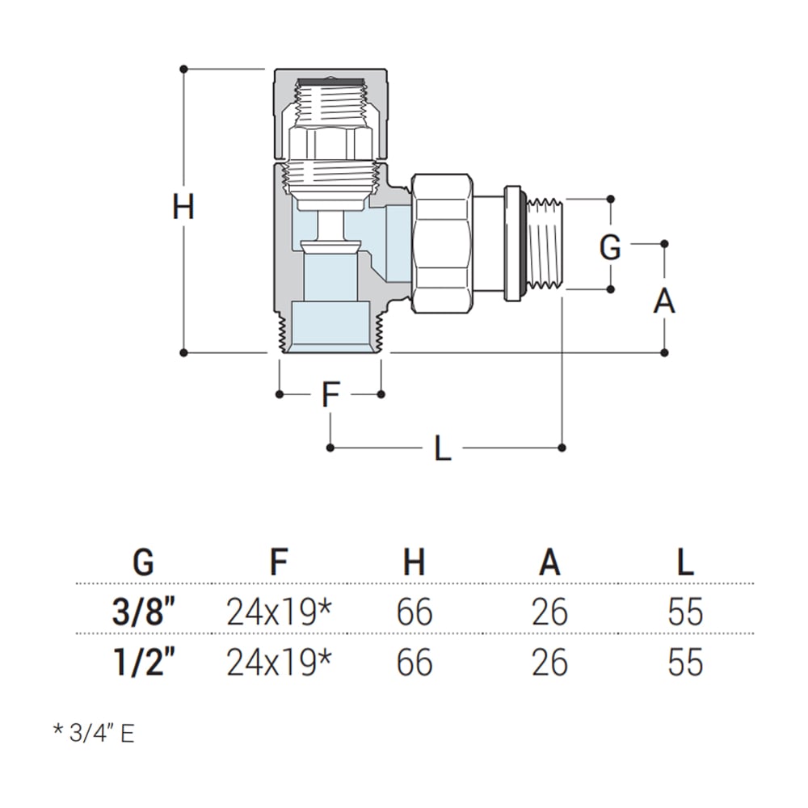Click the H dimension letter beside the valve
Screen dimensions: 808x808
[x=183, y=208]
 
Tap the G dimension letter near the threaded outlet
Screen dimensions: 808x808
[x=610, y=247]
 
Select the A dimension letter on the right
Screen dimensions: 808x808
[x=664, y=301]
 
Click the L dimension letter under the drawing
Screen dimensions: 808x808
[x=442, y=449]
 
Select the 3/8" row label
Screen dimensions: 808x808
[x=144, y=613]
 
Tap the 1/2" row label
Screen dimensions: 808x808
[x=144, y=663]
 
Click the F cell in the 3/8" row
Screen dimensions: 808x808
[x=279, y=613]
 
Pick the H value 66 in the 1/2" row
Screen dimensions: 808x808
[x=415, y=663]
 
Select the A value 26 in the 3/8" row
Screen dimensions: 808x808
[x=549, y=613]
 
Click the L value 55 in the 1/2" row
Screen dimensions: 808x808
[x=685, y=663]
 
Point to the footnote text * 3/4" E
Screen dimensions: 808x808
[x=94, y=733]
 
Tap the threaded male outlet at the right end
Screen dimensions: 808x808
[x=545, y=243]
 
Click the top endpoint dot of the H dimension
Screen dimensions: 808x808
[x=184, y=69]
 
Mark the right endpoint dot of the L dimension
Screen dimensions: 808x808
[x=562, y=446]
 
